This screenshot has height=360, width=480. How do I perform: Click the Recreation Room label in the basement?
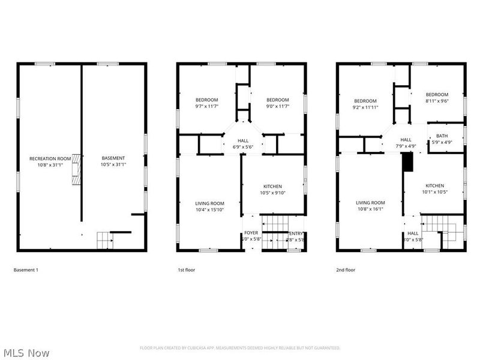point(50,161)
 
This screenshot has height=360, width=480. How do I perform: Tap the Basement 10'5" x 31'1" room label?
point(113,161)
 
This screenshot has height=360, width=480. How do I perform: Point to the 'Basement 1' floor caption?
point(26,270)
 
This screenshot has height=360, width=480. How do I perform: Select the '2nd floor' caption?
point(345,270)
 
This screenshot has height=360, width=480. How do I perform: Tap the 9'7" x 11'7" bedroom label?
point(206,103)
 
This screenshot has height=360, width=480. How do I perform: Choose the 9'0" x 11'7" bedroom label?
point(278,103)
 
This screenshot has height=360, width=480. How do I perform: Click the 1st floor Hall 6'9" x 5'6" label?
point(243,143)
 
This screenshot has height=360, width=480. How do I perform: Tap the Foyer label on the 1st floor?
point(251,236)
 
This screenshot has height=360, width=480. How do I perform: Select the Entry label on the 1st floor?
point(296,236)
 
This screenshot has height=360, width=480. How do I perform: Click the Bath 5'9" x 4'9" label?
point(442,139)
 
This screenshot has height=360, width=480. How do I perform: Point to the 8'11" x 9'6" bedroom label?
point(437,98)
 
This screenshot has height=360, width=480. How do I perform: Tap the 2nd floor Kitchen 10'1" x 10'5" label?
point(435,189)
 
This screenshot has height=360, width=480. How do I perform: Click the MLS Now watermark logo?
point(26,353)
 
